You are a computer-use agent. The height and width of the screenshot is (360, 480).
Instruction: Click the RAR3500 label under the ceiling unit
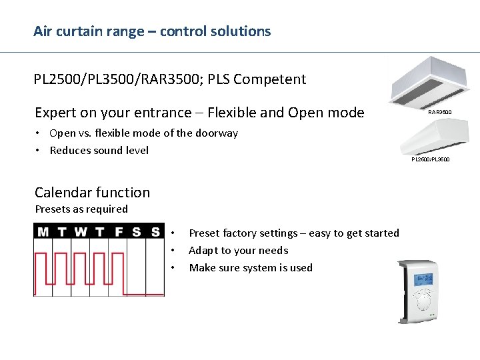pos(439,113)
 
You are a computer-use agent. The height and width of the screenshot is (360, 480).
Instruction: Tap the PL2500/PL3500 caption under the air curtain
pos(430,159)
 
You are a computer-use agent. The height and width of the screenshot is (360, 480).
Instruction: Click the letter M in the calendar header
pos(43,232)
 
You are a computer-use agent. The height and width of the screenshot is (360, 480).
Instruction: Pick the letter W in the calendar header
pos(80,232)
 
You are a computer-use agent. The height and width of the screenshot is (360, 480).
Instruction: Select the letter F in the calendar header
pos(119,232)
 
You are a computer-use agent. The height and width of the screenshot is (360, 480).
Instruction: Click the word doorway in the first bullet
pos(217,133)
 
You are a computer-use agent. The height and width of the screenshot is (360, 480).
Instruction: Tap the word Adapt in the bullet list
pos(203,251)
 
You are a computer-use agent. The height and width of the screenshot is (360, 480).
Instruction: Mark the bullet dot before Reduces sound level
pos(40,151)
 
